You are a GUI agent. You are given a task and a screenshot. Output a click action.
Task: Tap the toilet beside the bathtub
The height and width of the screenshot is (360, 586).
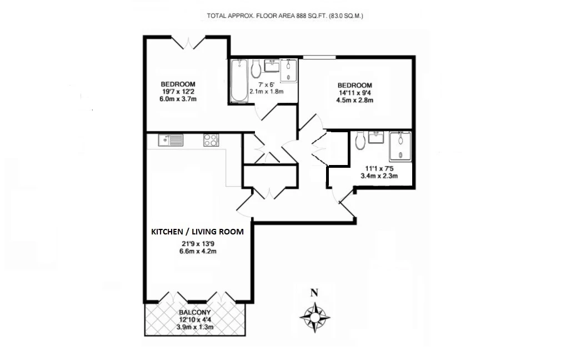(256, 69)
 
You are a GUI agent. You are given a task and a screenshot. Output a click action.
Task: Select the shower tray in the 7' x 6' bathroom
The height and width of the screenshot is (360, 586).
(289, 71)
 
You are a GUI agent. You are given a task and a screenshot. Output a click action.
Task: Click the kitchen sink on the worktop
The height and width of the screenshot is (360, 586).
(171, 140)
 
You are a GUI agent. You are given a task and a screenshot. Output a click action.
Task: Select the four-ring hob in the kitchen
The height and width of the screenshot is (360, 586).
(211, 141)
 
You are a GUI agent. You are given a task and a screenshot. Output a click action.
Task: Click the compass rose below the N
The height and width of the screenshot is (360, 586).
(315, 317)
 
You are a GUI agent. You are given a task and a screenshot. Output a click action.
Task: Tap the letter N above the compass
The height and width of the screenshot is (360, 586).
(314, 293)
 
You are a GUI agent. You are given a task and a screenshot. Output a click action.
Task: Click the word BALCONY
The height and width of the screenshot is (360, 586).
(194, 313)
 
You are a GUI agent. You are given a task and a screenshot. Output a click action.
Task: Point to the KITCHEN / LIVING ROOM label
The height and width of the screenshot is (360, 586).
(197, 232)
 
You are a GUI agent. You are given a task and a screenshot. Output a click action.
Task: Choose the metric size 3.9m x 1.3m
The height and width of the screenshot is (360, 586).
(194, 327)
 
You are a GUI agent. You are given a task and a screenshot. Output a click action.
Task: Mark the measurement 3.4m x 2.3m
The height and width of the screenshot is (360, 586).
(380, 176)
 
